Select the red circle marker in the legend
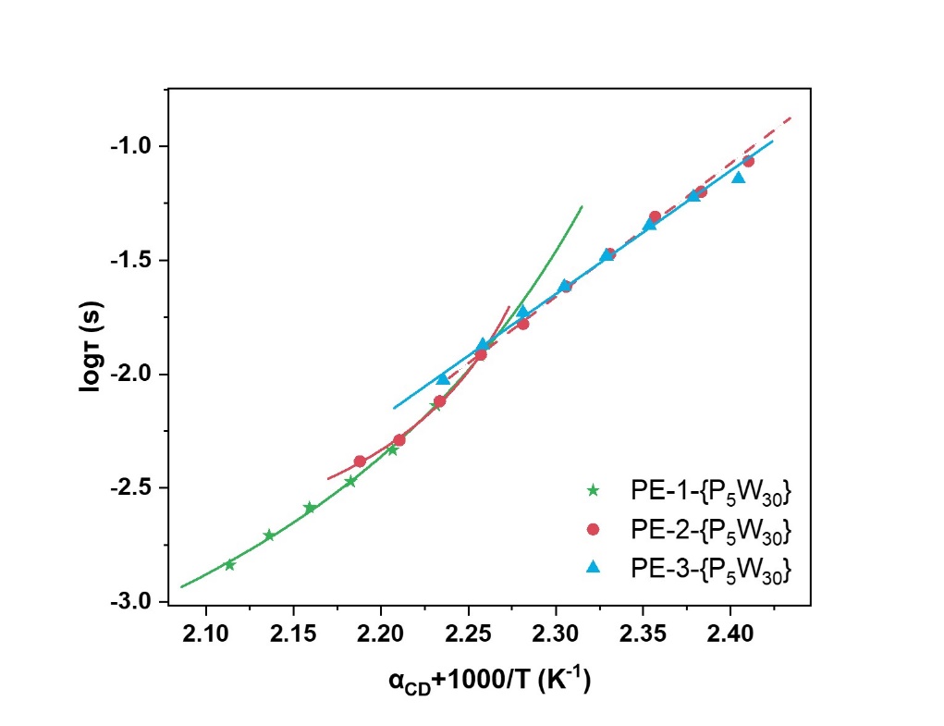(x=594, y=529)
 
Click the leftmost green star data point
(x=229, y=564)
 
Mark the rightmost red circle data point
(x=748, y=161)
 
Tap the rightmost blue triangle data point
(x=738, y=177)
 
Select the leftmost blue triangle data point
(x=443, y=379)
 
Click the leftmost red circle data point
(x=360, y=461)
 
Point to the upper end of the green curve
(x=582, y=206)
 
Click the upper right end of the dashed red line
(x=791, y=117)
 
